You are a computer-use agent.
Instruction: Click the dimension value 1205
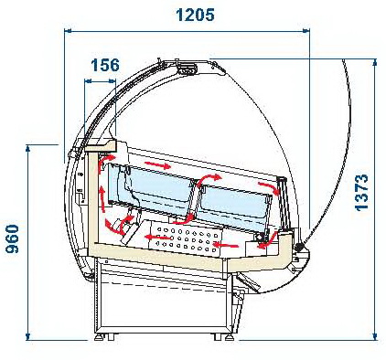click(x=195, y=15)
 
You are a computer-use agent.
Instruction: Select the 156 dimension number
click(x=105, y=65)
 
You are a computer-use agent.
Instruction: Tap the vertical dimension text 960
click(x=13, y=239)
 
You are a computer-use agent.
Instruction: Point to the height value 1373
click(x=362, y=193)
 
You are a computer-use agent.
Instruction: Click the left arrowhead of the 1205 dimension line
click(x=68, y=30)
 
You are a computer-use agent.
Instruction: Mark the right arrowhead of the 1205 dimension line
click(x=306, y=30)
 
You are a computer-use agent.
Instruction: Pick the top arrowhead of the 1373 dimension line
click(x=375, y=62)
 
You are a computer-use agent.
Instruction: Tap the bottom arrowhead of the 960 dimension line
click(x=27, y=336)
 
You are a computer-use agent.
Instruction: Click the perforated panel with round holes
click(x=185, y=238)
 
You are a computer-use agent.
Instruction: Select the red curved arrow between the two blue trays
click(x=209, y=179)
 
